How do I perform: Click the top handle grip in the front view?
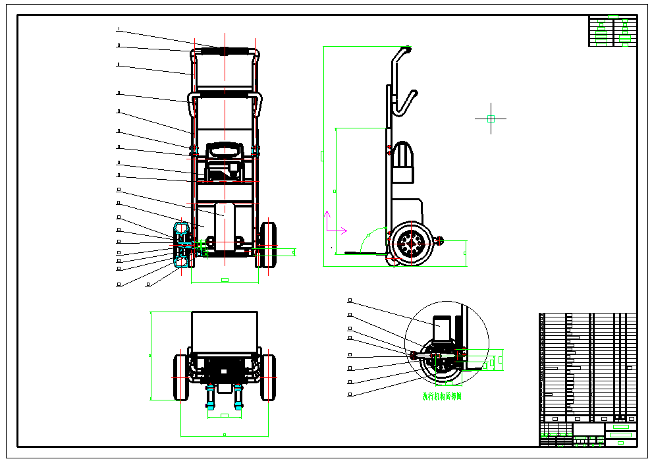pyautogui.click(x=225, y=51)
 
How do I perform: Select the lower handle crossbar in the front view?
pyautogui.click(x=225, y=96)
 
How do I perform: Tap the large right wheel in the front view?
pyautogui.click(x=267, y=244)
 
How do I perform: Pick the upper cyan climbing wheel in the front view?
pyautogui.click(x=181, y=231)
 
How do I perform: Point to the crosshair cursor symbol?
pyautogui.click(x=491, y=119)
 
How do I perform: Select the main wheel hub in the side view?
pyautogui.click(x=412, y=244)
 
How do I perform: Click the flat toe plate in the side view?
pyautogui.click(x=362, y=252)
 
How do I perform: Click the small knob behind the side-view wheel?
pyautogui.click(x=439, y=241)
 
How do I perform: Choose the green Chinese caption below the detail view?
pyautogui.click(x=442, y=397)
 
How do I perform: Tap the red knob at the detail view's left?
pyautogui.click(x=414, y=356)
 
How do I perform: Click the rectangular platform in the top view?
pyautogui.click(x=224, y=332)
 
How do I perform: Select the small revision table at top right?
pyautogui.click(x=612, y=31)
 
